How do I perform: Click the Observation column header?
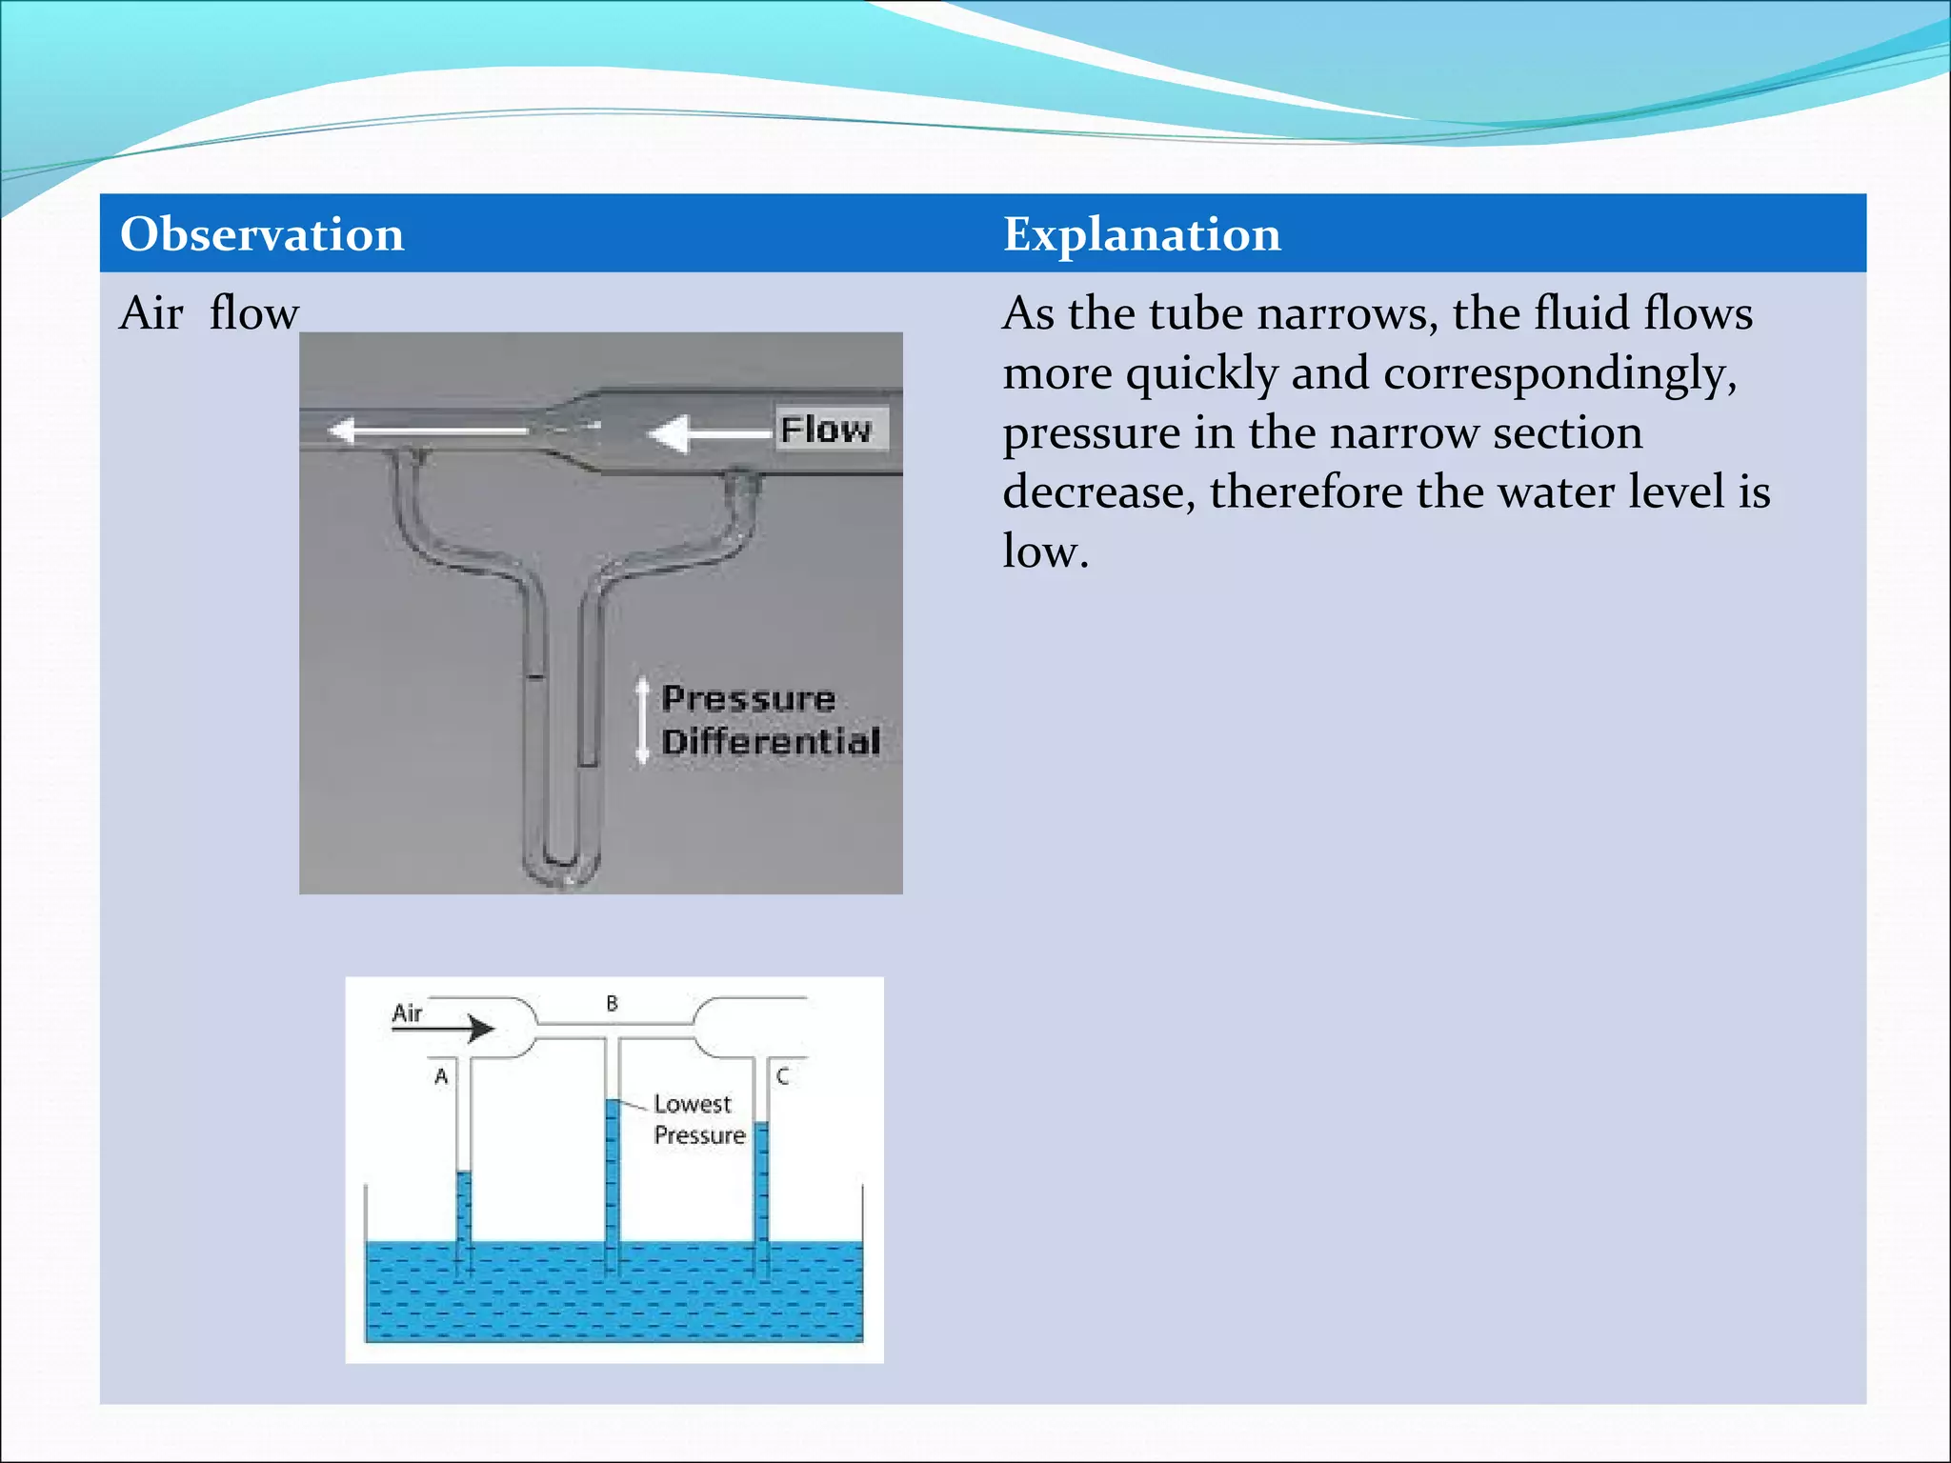(262, 234)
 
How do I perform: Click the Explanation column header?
(1141, 234)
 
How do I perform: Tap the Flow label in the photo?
(827, 430)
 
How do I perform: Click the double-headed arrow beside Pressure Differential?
(643, 720)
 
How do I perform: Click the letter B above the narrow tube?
(612, 1003)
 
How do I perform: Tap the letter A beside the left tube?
(441, 1076)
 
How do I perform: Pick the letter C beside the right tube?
(782, 1076)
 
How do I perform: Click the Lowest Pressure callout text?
(697, 1119)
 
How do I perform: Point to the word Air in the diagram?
(407, 1012)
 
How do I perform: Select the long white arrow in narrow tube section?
(429, 431)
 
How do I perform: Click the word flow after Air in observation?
(254, 313)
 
